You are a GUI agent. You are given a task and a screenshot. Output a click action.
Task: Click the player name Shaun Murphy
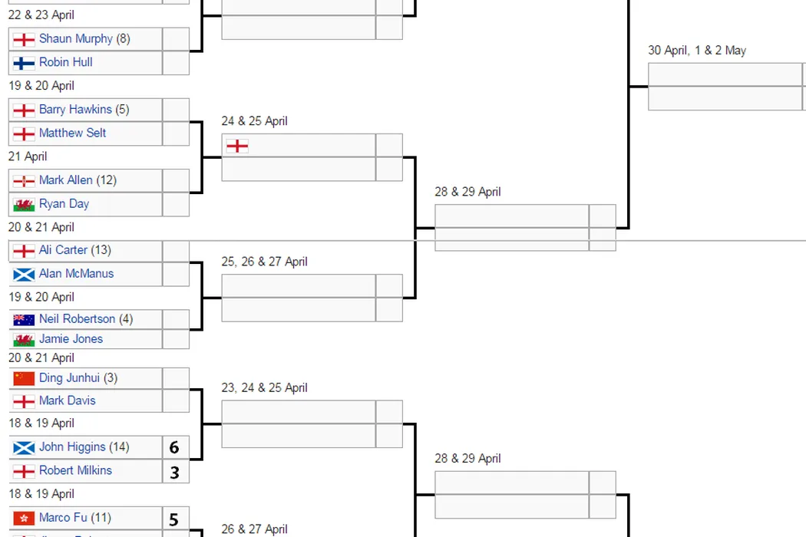pyautogui.click(x=75, y=39)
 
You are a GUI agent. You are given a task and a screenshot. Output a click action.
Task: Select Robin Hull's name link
pyautogui.click(x=65, y=62)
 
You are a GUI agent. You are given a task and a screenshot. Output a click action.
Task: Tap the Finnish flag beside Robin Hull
pyautogui.click(x=24, y=63)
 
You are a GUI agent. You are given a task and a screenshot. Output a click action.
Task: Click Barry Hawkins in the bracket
pyautogui.click(x=75, y=110)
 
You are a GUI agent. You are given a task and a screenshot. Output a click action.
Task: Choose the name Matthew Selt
pyautogui.click(x=72, y=133)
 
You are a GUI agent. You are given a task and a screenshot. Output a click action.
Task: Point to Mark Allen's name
pyautogui.click(x=65, y=180)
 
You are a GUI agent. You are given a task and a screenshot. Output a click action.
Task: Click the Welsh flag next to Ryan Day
pyautogui.click(x=24, y=205)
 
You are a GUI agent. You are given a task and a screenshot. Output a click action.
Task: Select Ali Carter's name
pyautogui.click(x=63, y=250)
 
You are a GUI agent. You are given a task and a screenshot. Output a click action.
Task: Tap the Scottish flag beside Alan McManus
pyautogui.click(x=24, y=275)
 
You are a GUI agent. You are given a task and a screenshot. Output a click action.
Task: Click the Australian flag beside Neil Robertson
pyautogui.click(x=24, y=320)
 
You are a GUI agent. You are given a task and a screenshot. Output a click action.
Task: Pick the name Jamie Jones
pyautogui.click(x=71, y=339)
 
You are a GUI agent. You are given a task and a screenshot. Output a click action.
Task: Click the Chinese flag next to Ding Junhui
pyautogui.click(x=24, y=378)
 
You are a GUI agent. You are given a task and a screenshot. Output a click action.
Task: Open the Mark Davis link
pyautogui.click(x=67, y=400)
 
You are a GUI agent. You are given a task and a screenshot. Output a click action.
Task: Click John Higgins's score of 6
pyautogui.click(x=174, y=448)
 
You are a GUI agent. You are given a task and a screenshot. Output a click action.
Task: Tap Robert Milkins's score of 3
pyautogui.click(x=174, y=472)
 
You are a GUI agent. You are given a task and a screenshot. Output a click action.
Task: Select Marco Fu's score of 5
pyautogui.click(x=173, y=519)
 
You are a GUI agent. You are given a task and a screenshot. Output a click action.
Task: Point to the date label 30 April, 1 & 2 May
pyautogui.click(x=697, y=51)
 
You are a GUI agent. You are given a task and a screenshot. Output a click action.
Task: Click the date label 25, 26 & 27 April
pyautogui.click(x=264, y=262)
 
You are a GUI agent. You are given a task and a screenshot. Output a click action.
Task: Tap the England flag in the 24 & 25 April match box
pyautogui.click(x=237, y=146)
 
